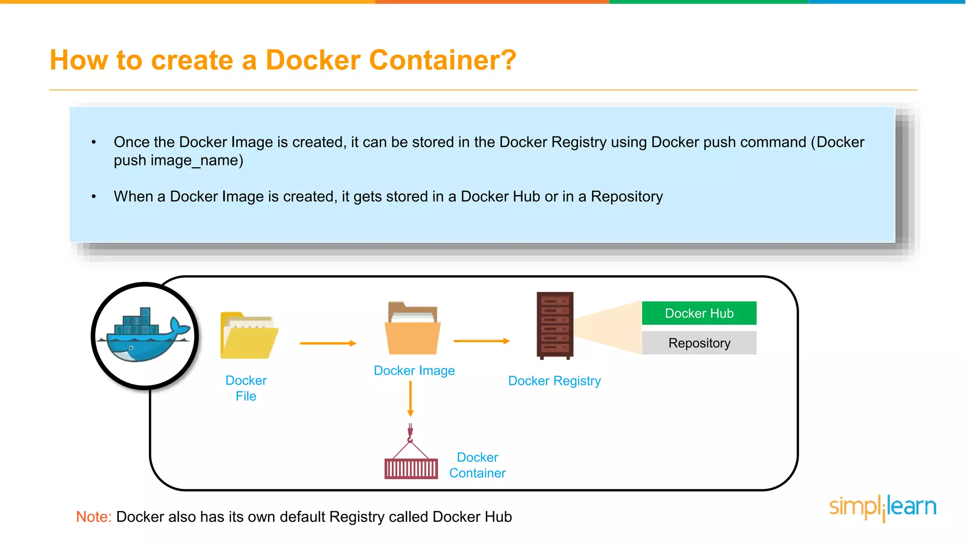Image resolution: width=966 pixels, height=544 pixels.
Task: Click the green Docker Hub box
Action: click(699, 313)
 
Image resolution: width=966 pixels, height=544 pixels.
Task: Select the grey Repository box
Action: click(699, 343)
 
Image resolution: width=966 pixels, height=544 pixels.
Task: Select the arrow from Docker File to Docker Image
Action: click(328, 343)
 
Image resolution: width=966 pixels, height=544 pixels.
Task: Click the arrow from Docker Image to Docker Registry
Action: click(482, 341)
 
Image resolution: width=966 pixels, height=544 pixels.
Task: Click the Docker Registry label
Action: click(554, 381)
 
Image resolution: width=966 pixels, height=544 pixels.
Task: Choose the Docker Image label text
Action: click(414, 371)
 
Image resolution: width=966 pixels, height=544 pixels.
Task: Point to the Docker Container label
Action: click(477, 465)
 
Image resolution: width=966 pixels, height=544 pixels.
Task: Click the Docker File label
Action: click(246, 388)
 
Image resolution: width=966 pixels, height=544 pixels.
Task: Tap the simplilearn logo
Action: click(883, 507)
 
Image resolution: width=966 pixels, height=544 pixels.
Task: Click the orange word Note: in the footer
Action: click(94, 517)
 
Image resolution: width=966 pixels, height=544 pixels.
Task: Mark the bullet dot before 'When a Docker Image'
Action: click(94, 196)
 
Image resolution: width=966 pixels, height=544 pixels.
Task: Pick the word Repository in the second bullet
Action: click(626, 196)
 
